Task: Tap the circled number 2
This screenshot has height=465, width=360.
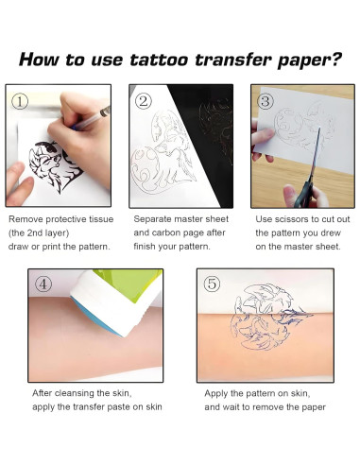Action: pos(144,99)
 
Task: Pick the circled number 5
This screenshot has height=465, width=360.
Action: pos(213,284)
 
